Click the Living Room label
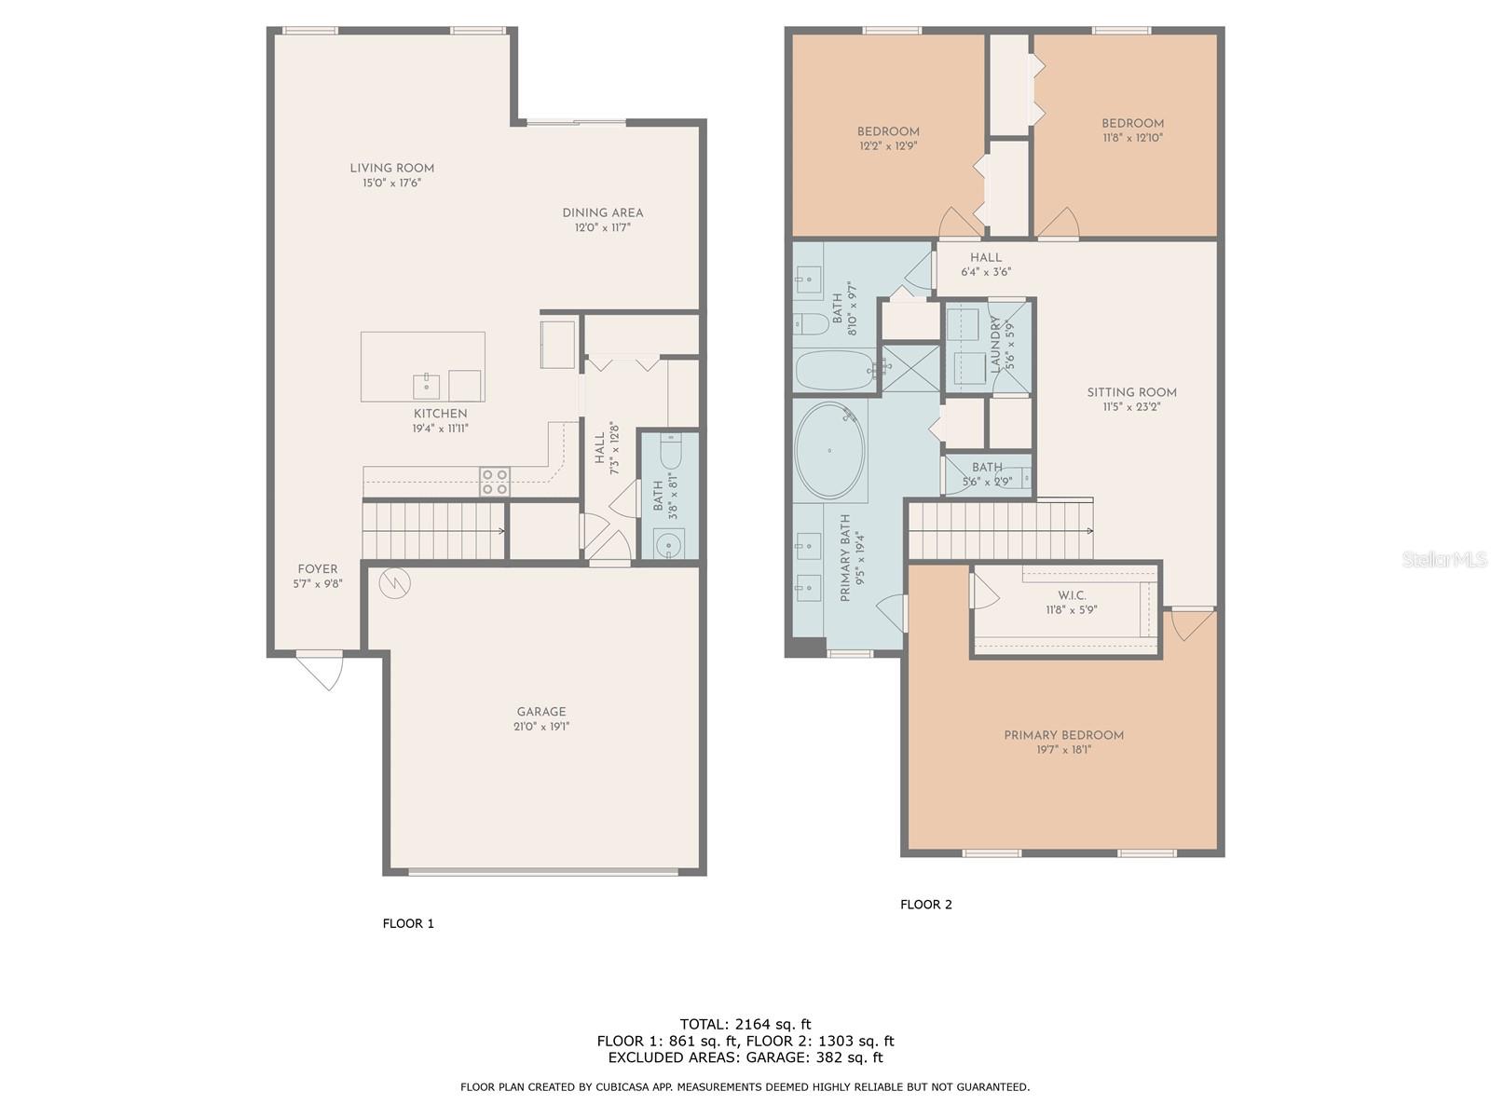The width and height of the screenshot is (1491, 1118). tap(391, 169)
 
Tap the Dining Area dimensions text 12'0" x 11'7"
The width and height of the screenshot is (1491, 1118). tap(602, 227)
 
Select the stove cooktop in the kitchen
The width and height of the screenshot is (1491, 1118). tap(495, 481)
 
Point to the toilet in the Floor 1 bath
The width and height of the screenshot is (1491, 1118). tap(671, 454)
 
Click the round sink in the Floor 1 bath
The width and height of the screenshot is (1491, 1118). tap(668, 542)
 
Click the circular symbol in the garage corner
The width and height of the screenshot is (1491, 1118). tap(393, 583)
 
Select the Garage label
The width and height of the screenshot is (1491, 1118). tap(541, 712)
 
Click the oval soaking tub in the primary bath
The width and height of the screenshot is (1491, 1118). tap(829, 451)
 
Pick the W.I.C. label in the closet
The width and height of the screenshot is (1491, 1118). tap(1072, 595)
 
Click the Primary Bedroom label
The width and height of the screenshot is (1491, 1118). tap(1063, 735)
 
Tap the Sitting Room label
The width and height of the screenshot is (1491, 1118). tap(1131, 392)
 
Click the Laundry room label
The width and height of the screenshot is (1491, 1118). tap(995, 344)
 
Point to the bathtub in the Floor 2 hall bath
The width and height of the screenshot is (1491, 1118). tap(835, 371)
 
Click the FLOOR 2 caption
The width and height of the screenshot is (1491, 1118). tap(925, 905)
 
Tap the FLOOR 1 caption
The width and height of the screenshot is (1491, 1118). tap(408, 924)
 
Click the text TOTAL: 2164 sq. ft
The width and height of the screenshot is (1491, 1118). tap(745, 1024)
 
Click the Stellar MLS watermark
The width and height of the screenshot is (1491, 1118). tap(1443, 559)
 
